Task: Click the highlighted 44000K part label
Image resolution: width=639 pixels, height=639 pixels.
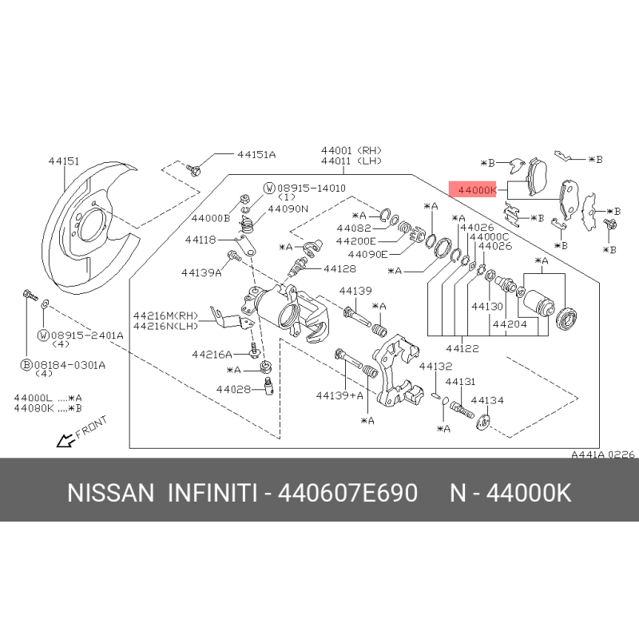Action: point(477,190)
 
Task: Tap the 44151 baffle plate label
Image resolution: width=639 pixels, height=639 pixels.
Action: point(64,161)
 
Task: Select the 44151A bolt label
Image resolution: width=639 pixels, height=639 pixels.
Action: point(256,154)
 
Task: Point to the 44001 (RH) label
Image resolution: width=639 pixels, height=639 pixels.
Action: point(351,150)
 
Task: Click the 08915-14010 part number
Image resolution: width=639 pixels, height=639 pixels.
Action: point(312,188)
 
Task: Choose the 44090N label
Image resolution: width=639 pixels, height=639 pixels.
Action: point(288,208)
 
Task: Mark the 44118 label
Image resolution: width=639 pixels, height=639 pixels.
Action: point(200,240)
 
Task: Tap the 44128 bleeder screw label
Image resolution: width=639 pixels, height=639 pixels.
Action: point(339,268)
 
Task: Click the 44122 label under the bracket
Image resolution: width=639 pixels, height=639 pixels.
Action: point(462,348)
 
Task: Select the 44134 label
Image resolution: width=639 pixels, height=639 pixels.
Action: point(487,400)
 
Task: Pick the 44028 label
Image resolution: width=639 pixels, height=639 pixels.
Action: point(233,389)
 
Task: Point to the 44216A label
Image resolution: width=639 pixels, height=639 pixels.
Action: point(212,354)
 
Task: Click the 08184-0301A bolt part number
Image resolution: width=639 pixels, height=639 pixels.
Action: point(69,365)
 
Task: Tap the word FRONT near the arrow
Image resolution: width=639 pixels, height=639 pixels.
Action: point(91,427)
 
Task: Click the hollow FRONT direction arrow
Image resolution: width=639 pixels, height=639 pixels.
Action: point(66,440)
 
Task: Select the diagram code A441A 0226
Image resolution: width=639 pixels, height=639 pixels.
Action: point(603,454)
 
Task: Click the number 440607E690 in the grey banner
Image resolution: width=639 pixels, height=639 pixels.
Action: point(347,493)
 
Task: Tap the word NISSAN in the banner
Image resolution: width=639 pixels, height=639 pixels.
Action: point(111,493)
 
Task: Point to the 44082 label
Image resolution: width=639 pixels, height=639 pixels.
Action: point(354,228)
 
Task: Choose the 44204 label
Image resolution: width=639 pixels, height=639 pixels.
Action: point(510,324)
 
